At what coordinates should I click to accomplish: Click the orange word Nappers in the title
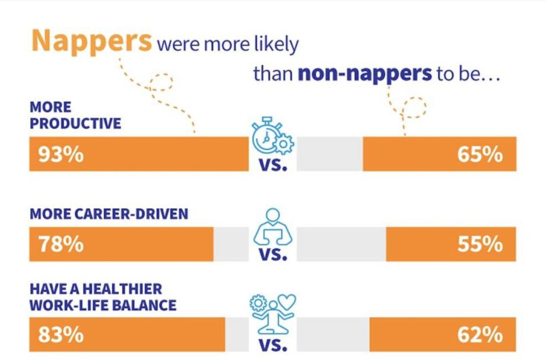[91, 40]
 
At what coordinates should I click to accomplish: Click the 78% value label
[61, 244]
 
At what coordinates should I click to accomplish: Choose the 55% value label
[480, 244]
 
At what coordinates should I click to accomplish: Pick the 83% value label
[61, 334]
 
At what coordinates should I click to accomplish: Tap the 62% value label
[480, 334]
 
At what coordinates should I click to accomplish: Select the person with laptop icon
[272, 227]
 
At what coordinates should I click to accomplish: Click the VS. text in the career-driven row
[273, 256]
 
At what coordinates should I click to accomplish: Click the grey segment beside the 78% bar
[230, 244]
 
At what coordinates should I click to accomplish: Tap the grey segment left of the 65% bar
[329, 154]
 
